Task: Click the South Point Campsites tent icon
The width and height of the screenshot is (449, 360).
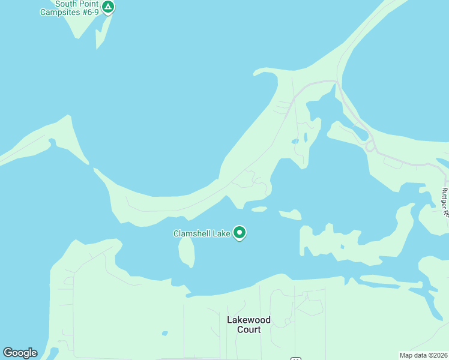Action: tap(107, 7)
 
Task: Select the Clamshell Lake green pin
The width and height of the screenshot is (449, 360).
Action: tap(240, 232)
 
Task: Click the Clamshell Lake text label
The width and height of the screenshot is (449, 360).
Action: tap(202, 233)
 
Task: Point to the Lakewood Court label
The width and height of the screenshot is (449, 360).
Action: tap(249, 325)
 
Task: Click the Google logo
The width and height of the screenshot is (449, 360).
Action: tap(20, 353)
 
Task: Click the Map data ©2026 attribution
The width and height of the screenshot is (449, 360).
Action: tap(423, 355)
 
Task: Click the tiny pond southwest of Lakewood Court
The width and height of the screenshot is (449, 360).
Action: tap(164, 333)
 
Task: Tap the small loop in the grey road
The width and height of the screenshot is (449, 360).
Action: tap(370, 146)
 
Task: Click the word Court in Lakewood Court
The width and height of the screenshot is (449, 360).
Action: tap(249, 329)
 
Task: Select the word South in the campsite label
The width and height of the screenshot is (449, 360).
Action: tap(66, 3)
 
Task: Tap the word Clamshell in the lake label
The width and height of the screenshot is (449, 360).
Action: tap(191, 233)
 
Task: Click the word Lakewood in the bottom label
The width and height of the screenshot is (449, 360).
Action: tap(249, 320)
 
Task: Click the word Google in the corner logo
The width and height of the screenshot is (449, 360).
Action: tap(20, 353)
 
